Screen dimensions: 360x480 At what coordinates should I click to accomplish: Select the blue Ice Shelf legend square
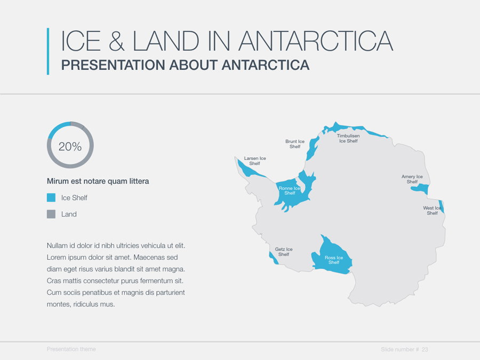(51, 198)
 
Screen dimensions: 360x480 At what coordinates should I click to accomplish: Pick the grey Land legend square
(51, 214)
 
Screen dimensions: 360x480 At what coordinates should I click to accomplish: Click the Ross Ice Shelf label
(334, 260)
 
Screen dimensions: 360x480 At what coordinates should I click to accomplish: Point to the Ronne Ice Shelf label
(290, 190)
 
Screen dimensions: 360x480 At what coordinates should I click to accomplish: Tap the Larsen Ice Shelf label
(255, 161)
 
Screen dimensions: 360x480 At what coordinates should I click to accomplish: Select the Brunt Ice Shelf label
(295, 144)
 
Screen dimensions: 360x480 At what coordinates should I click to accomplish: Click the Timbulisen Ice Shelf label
(348, 138)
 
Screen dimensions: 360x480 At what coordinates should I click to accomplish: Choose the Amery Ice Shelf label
(412, 179)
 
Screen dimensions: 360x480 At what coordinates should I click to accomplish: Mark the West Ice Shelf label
(432, 211)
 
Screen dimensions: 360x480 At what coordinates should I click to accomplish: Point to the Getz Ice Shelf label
(284, 252)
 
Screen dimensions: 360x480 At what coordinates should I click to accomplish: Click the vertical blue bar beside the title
(48, 51)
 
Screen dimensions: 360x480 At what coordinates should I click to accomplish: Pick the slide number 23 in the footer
(425, 349)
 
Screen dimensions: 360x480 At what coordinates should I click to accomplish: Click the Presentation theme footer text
(71, 349)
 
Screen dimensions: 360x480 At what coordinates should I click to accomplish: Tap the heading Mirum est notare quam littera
(98, 181)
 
